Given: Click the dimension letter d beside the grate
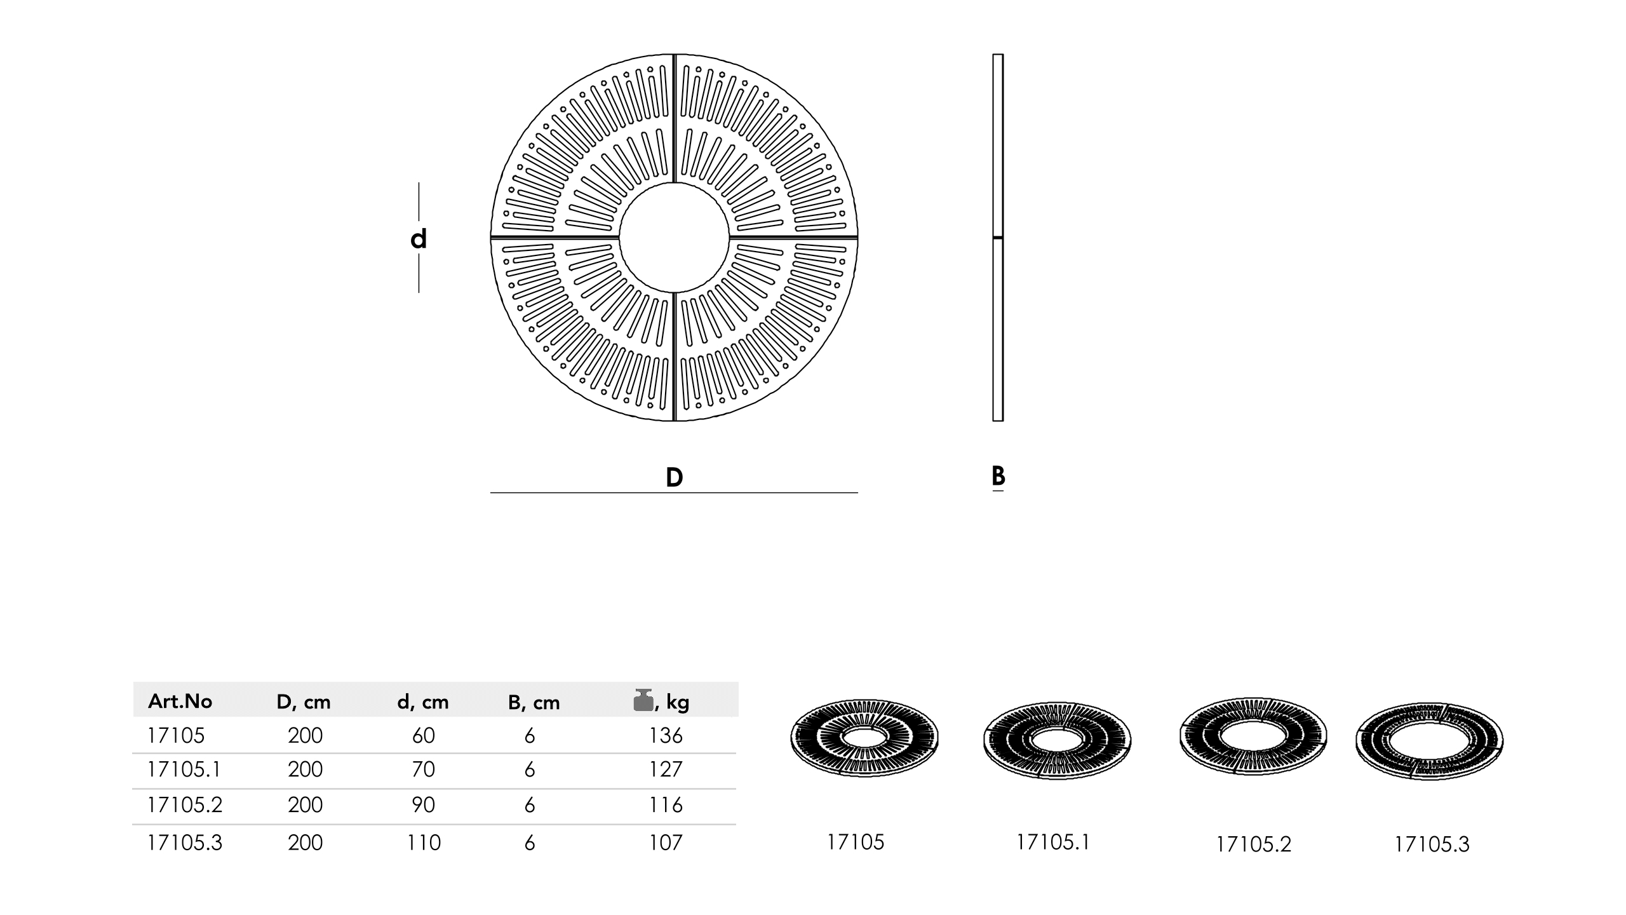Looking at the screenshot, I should tap(418, 239).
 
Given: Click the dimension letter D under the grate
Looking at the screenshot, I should tap(674, 477).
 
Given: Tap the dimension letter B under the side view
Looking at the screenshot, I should tap(998, 475).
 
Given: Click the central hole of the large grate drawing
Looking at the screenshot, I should tap(674, 238).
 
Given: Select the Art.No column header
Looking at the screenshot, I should tap(180, 701).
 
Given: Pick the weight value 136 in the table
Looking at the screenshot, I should tap(665, 735).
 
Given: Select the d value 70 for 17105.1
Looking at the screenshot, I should tap(423, 769).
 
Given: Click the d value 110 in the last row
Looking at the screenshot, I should tap(423, 843).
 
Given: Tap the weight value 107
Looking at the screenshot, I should tap(665, 843).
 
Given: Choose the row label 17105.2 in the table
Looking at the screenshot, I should tap(184, 805).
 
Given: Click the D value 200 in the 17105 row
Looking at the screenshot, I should tap(305, 735).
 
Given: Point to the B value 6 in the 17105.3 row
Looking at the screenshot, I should tap(530, 843).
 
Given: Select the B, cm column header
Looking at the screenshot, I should tap(534, 702).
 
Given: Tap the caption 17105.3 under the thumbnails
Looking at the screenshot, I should tap(1432, 844).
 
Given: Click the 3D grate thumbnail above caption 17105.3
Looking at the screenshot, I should tap(1429, 742).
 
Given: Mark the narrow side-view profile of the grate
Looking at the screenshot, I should tap(998, 238).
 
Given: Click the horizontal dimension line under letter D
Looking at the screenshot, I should tap(674, 492).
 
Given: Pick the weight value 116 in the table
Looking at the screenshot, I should tap(665, 805).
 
